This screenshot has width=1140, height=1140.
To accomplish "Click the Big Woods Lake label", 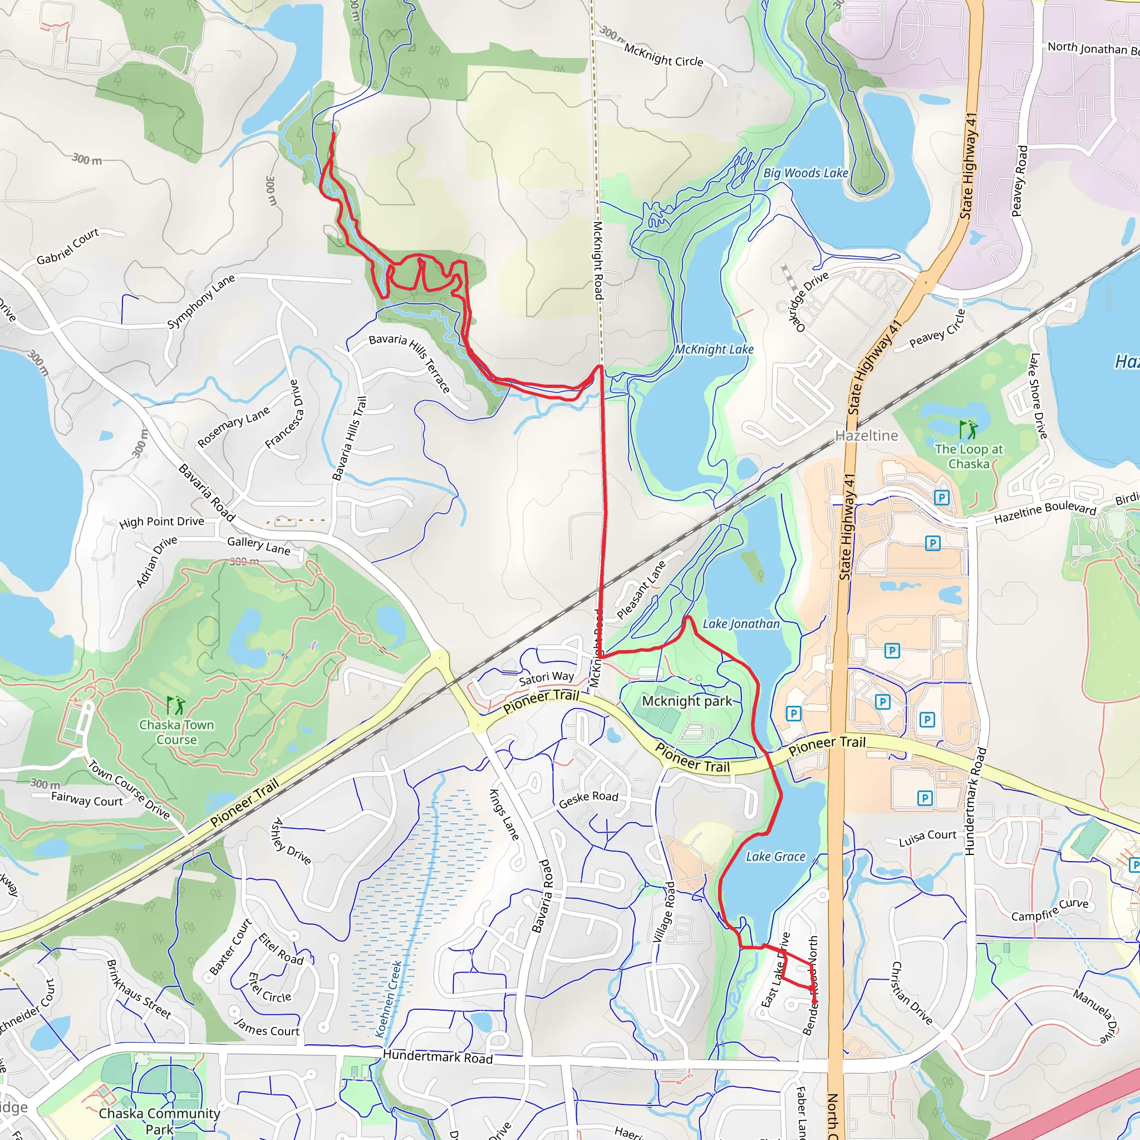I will pos(805,174).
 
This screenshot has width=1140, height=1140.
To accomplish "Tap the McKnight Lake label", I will pos(714,350).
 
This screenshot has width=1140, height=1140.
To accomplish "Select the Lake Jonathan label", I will pos(741,623).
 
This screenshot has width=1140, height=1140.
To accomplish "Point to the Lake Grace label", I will pos(775,856).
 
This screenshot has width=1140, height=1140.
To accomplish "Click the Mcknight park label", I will pos(687,701).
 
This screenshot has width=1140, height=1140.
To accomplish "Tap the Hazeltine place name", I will pos(866,436).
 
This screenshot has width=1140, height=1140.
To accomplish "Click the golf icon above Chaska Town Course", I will pos(175,705).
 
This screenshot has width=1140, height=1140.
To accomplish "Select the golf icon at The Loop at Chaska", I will pos(967,429).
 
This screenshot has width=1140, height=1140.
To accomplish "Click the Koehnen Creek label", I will pos(389,999).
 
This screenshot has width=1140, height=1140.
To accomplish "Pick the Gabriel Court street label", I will pos(68,247).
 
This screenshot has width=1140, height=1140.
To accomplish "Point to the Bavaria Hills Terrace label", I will pos(410,362).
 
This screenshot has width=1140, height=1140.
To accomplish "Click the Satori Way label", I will pos(547,678).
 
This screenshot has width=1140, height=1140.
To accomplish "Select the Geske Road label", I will pos(588,799).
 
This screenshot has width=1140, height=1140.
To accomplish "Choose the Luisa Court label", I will pos(927,838).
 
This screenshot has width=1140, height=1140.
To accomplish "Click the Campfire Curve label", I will pos(1050,910).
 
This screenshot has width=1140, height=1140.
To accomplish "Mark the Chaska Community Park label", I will pos(159,1121).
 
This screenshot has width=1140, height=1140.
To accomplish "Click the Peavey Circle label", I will pos(937,331).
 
